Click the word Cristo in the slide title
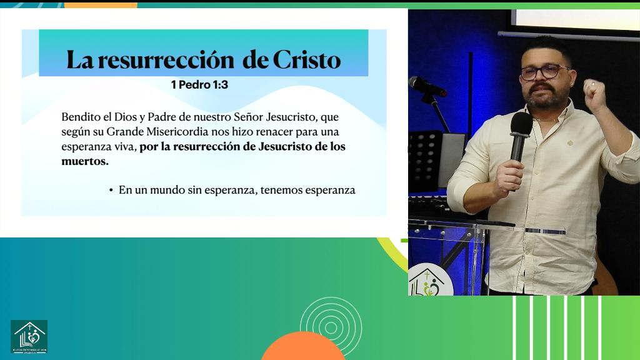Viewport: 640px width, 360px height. [x=306, y=60]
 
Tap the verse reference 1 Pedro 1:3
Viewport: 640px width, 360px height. [x=199, y=85]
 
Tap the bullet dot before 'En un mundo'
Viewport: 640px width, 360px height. [x=111, y=190]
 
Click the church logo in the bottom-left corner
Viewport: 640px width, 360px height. [x=29, y=337]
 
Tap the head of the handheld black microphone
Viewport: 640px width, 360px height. [x=521, y=124]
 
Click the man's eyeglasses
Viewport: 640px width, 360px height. [x=544, y=72]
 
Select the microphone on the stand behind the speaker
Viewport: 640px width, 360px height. [x=427, y=86]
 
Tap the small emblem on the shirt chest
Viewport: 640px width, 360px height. [x=570, y=142]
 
